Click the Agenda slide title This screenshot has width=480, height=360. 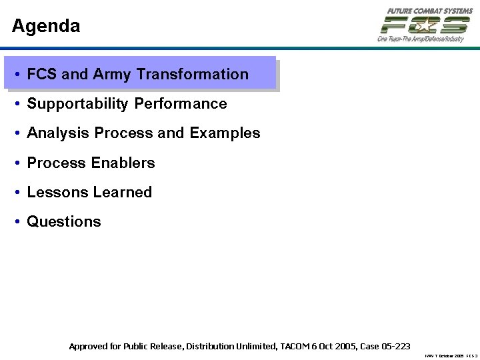[x=46, y=26]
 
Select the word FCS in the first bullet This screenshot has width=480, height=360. [x=42, y=75]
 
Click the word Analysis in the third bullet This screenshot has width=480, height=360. [x=58, y=133]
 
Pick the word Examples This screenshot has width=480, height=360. [x=225, y=133]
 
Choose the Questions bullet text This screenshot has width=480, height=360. [x=64, y=221]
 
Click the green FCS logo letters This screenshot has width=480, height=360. [x=424, y=25]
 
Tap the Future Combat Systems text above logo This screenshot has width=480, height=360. [x=425, y=11]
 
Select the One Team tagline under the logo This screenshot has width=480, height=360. [x=420, y=39]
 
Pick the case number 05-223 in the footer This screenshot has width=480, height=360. [x=395, y=346]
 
